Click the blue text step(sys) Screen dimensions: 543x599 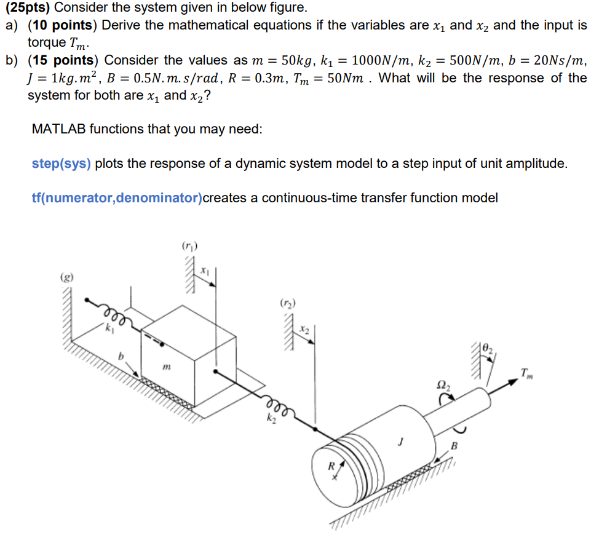click(x=61, y=164)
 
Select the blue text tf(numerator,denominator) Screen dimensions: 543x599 click(x=117, y=198)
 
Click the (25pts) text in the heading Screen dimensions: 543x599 click(x=26, y=8)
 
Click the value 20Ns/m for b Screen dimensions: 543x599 click(x=560, y=61)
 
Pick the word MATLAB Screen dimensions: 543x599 click(x=58, y=130)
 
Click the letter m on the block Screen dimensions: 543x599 click(x=167, y=367)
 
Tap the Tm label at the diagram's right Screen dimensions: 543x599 click(x=526, y=373)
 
